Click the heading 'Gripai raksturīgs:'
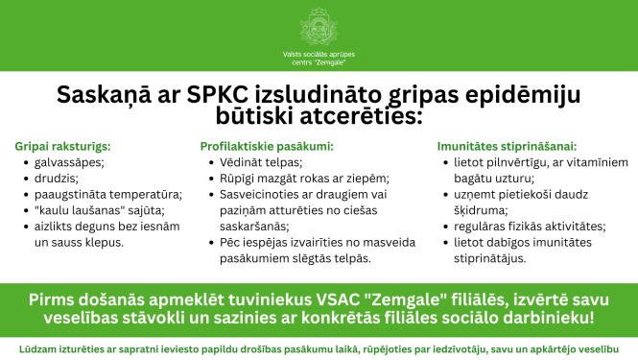[x=62, y=147]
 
